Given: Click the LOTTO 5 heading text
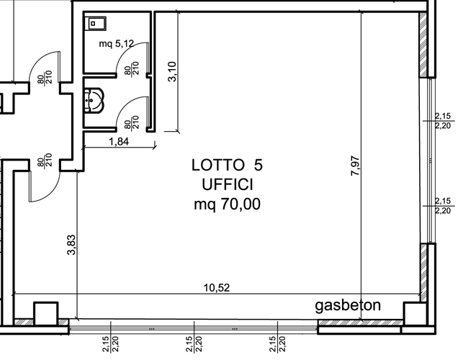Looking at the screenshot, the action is tap(227, 165).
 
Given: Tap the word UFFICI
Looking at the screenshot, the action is tap(228, 185).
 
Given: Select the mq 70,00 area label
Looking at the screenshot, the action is tap(227, 204).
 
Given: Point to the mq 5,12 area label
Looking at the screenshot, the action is tap(117, 44).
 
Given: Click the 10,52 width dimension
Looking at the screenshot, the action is tap(217, 287).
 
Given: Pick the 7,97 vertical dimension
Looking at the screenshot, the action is tap(355, 166).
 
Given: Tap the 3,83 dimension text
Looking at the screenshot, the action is tap(71, 245).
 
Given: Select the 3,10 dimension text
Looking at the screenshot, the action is tap(172, 71).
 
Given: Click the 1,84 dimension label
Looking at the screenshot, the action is tap(119, 141).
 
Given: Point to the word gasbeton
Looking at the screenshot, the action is tap(348, 305).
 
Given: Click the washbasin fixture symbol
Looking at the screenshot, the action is tap(94, 100).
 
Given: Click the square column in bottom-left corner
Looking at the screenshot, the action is tap(46, 314).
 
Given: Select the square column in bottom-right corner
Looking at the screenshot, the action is tap(415, 314).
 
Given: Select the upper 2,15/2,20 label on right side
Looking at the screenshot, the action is tap(443, 121).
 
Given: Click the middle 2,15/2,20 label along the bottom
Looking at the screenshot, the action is tap(194, 344).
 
